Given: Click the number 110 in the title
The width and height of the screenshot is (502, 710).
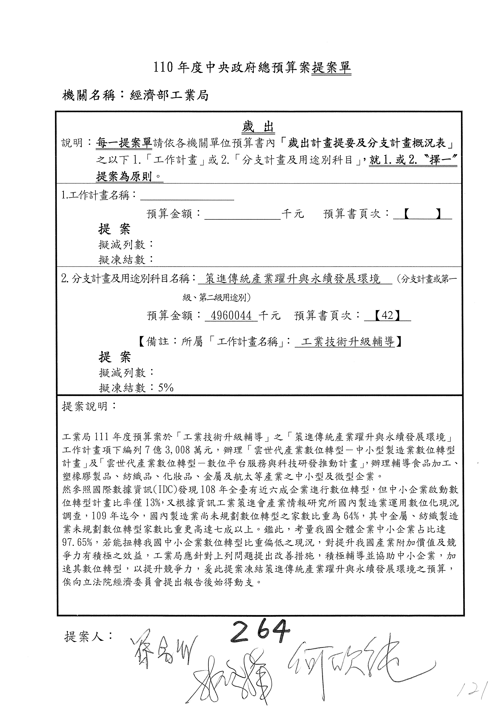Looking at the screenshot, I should tap(163, 68).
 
